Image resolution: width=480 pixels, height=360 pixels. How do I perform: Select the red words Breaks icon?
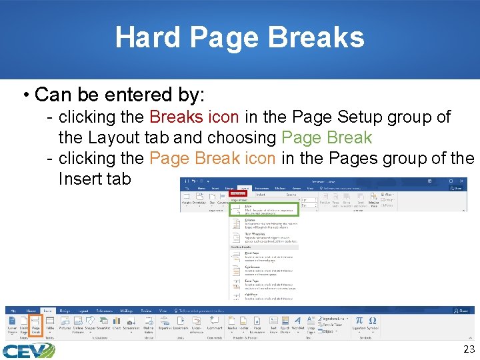click(x=194, y=117)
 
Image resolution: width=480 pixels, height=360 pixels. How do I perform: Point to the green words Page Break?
click(x=327, y=138)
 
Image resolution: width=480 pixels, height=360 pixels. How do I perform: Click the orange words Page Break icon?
click(x=213, y=159)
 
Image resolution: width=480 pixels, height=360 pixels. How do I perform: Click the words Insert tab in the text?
click(x=95, y=179)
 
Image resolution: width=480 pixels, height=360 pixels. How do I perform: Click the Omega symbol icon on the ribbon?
click(x=373, y=322)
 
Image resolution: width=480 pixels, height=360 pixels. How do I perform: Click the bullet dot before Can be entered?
click(x=24, y=96)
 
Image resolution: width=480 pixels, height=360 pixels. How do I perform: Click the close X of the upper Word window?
click(x=463, y=180)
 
